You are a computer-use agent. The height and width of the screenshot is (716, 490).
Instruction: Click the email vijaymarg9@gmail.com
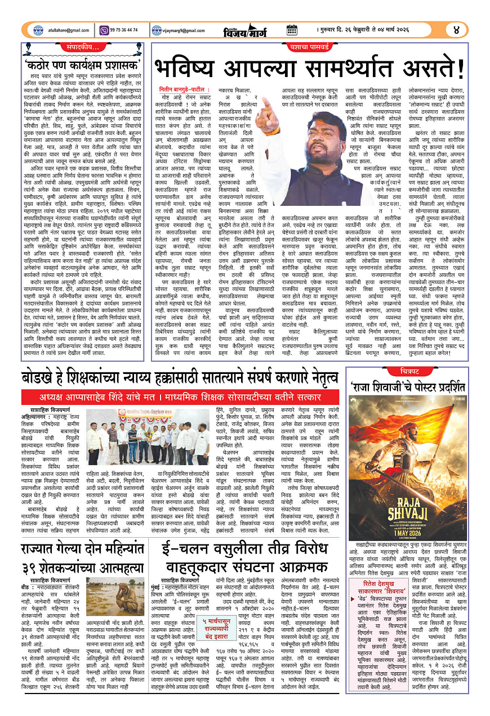click(186, 30)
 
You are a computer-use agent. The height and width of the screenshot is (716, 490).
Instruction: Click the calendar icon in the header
click(292, 30)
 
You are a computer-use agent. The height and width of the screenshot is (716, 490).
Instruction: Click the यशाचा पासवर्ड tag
click(309, 48)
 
